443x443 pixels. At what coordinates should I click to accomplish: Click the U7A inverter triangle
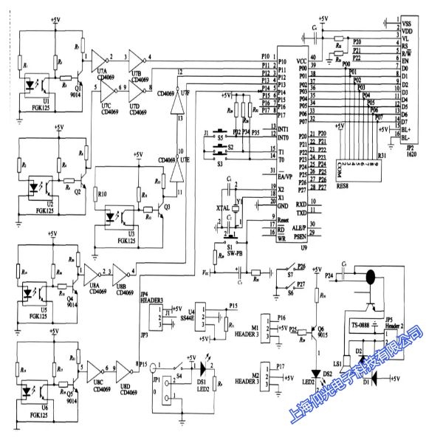coord(96,56)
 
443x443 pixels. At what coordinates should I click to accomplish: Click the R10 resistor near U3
coord(103,194)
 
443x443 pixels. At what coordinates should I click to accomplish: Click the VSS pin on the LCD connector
coord(407,24)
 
